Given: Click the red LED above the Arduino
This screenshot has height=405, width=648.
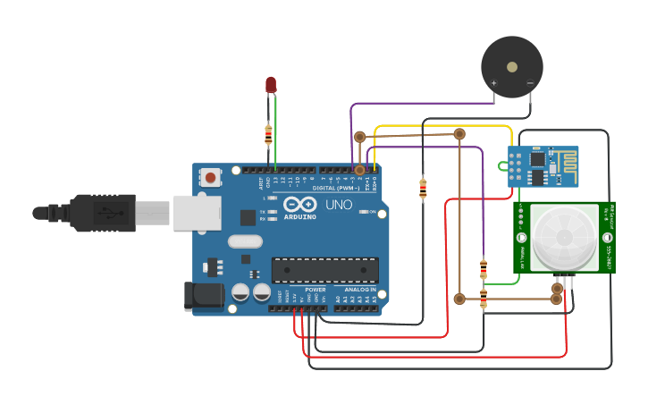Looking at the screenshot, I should tap(271, 84).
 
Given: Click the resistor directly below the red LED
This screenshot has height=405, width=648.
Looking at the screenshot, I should tap(268, 134).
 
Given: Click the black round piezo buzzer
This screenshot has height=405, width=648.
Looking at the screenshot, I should tap(511, 67).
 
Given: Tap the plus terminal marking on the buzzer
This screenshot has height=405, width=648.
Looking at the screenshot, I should tap(493, 84).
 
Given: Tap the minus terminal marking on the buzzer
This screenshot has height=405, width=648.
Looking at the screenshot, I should tap(530, 84).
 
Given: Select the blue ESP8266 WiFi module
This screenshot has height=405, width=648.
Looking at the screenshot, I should tap(543, 166).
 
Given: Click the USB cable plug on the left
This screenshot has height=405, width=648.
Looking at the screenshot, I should tap(103, 213).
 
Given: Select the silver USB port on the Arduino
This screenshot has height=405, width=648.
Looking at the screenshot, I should tap(198, 213).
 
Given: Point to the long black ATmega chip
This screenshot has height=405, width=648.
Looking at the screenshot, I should tap(324, 270).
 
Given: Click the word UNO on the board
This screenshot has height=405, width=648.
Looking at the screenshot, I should tap(338, 205).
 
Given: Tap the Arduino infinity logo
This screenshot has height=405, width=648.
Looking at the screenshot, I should tap(299, 205).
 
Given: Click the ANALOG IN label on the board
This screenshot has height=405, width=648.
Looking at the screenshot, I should tap(360, 290).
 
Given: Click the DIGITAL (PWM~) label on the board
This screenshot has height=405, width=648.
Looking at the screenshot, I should tap(335, 188).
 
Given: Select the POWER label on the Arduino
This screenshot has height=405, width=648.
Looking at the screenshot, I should tap(316, 290).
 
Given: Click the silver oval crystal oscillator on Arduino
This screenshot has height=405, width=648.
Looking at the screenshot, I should tap(245, 240).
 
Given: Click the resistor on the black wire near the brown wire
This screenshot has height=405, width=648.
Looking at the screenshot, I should tap(423, 189).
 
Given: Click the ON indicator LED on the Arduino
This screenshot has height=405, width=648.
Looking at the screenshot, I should tap(362, 212).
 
